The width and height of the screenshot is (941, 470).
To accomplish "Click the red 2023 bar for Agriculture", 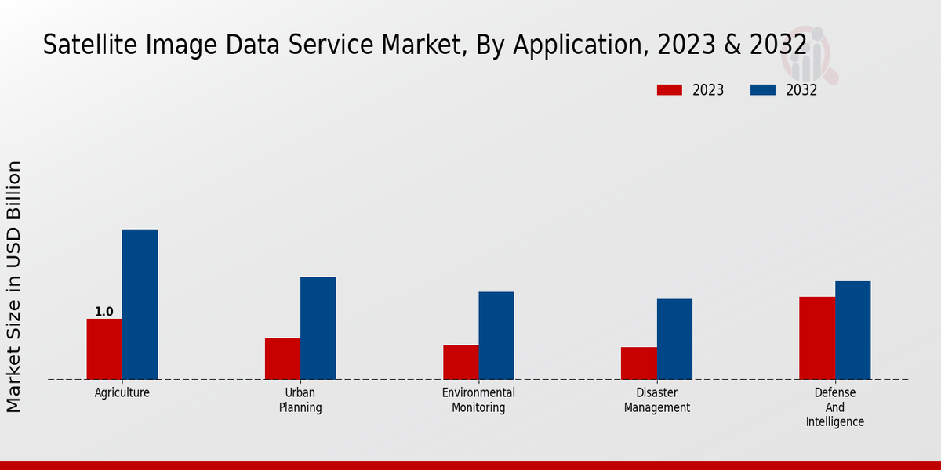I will click(104, 349).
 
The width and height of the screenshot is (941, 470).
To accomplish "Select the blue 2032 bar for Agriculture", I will click(140, 304).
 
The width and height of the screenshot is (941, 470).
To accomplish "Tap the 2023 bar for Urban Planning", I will click(282, 358).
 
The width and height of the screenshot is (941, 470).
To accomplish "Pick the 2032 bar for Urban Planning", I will click(318, 327).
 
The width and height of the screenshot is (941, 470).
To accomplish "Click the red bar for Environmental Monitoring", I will click(460, 362).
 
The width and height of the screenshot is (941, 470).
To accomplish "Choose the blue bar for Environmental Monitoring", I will click(496, 335).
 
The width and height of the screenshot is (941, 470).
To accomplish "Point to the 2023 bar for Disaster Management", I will click(638, 363).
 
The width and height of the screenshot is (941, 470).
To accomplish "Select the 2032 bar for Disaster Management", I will click(674, 338).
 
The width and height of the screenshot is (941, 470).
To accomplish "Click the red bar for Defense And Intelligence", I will click(817, 338).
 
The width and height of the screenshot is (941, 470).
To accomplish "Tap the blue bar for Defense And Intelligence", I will click(852, 330).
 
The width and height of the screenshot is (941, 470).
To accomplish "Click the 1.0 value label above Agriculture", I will click(104, 312).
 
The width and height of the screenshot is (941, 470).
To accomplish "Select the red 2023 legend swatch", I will click(669, 90).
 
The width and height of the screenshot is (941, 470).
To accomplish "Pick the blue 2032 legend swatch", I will click(762, 90).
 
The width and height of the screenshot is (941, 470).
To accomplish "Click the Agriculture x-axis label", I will click(122, 393).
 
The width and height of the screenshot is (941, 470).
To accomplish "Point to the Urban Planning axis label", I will click(300, 400).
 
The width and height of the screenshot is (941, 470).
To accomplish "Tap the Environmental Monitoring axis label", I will click(478, 400).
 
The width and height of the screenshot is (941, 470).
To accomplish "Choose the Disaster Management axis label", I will click(657, 400).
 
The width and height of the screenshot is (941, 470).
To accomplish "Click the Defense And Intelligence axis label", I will click(835, 407).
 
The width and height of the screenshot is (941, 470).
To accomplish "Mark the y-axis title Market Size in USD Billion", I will click(14, 286).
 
